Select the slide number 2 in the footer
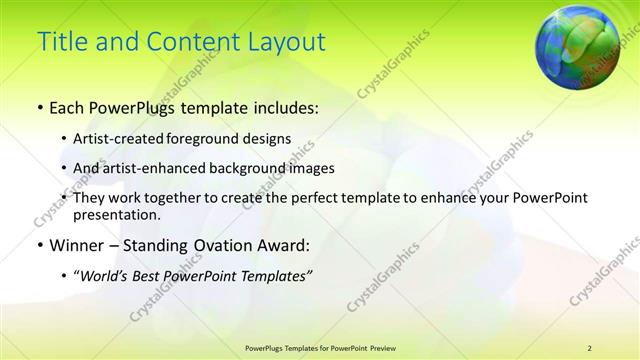click(590, 347)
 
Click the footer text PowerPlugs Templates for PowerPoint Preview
click(320, 347)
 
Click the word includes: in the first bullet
click(281, 106)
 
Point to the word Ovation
click(219, 245)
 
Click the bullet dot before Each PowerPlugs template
click(38, 106)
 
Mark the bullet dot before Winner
click(38, 245)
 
